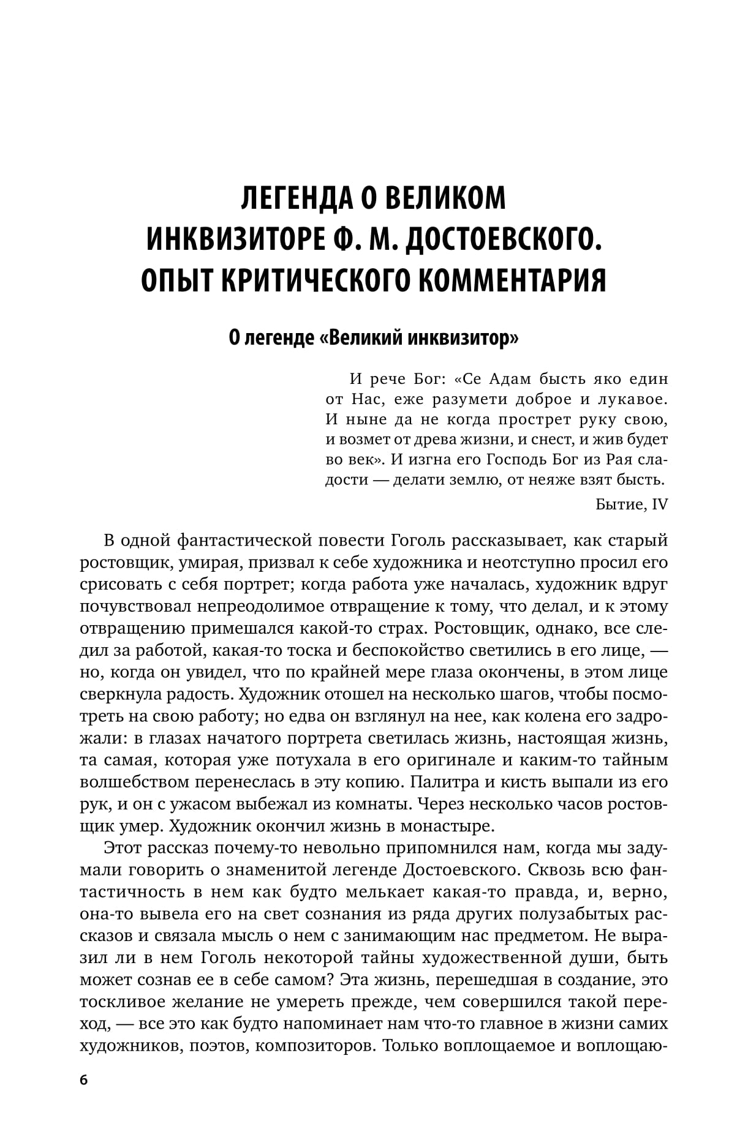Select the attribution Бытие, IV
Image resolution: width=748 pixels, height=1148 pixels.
point(631,504)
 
